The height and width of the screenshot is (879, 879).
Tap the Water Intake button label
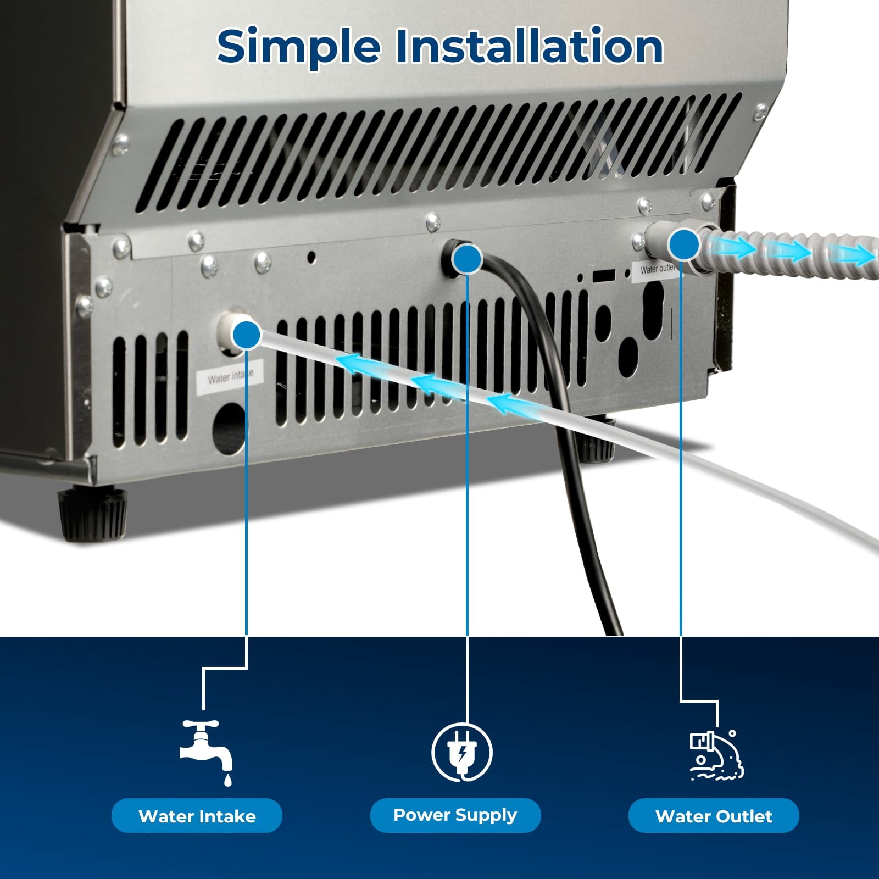click(x=197, y=816)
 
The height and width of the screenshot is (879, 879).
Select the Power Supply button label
click(x=455, y=815)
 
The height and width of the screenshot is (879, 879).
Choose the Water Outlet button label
click(x=714, y=816)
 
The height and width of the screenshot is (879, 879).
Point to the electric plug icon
click(x=461, y=752)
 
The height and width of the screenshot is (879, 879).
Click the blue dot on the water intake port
click(x=247, y=334)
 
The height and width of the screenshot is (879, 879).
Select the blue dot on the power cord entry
click(x=467, y=259)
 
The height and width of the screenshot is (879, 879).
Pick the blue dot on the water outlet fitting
click(x=683, y=243)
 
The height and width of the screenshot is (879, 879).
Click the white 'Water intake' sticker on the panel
click(x=230, y=377)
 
